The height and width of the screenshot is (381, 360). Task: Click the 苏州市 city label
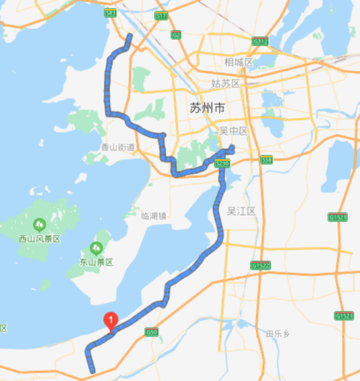tap(207, 108)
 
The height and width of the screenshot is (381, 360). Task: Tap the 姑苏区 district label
tap(225, 84)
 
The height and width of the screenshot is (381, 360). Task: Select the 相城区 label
tap(238, 62)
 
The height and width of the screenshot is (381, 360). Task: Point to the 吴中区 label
tap(234, 130)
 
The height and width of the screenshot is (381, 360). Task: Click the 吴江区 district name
tap(242, 211)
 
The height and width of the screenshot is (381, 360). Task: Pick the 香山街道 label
tap(118, 147)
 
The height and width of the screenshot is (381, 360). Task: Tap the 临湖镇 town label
tap(153, 215)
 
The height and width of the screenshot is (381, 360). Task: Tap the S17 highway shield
tap(161, 15)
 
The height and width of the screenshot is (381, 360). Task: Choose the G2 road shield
tap(177, 34)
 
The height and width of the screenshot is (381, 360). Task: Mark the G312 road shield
tap(260, 41)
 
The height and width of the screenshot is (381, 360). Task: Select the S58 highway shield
tap(267, 160)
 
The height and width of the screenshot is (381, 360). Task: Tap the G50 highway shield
tap(151, 331)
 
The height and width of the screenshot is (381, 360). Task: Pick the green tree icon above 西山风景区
tap(39, 224)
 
